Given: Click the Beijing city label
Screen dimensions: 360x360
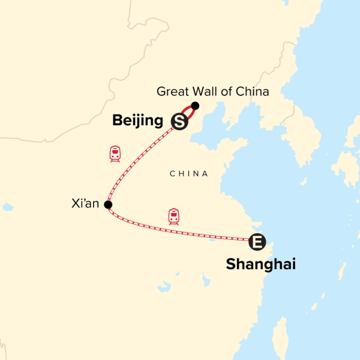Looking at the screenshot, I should point(137,120).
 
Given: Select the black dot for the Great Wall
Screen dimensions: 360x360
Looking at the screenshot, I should point(195,105).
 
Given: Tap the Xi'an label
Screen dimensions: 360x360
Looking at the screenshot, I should point(85,204).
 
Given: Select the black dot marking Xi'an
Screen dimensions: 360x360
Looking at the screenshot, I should point(108,205).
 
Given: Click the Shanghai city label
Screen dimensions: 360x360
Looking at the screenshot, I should point(260,265).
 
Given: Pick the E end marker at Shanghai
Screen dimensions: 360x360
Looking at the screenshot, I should point(257,241).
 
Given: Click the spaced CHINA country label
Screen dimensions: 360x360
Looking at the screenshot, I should point(189,174).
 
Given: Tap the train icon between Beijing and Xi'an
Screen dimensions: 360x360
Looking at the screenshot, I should point(115,153).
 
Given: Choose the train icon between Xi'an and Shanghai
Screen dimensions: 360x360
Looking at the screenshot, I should point(174,216).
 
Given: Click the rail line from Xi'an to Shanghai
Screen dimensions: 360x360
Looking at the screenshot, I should point(183,233).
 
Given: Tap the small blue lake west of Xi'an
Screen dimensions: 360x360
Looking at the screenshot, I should point(7,207).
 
